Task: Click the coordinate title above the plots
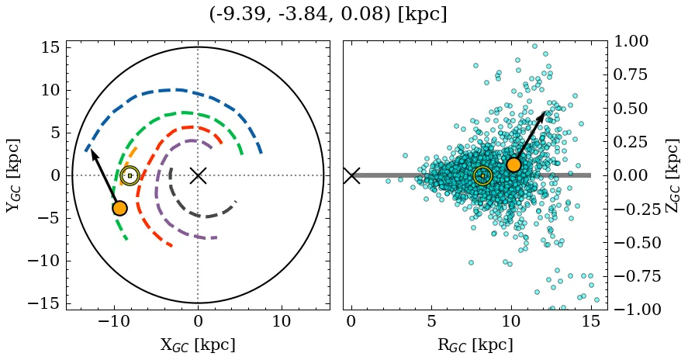click(328, 15)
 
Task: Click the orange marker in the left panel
click(119, 208)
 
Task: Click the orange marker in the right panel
click(513, 164)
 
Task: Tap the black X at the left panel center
click(198, 175)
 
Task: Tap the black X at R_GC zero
click(351, 175)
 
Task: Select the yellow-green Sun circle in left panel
click(130, 175)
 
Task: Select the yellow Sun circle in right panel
click(482, 175)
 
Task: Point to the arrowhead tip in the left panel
click(91, 150)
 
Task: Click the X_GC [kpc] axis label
click(198, 345)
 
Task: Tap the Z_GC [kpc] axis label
click(673, 175)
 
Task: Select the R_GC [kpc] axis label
click(475, 345)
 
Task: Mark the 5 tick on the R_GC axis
click(431, 321)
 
